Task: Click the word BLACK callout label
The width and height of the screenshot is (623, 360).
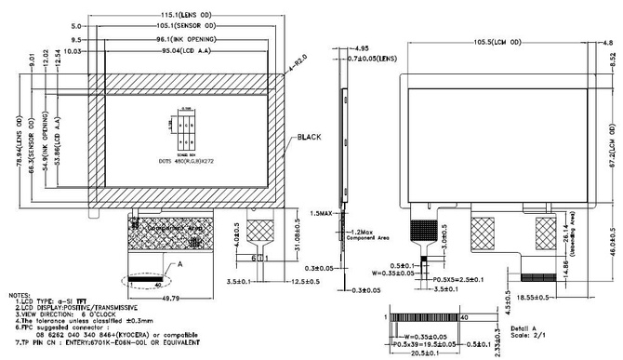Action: coord(309,138)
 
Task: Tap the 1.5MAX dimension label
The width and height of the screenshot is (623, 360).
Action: coord(319,213)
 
